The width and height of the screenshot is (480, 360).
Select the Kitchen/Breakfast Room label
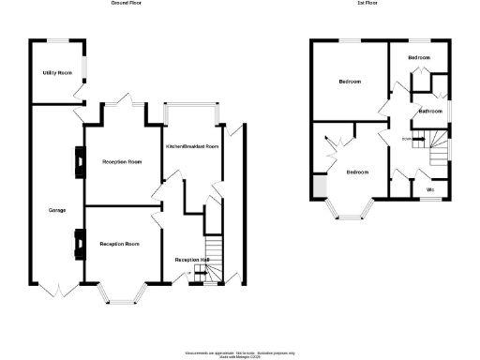coord(192,147)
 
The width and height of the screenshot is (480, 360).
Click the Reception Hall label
coord(191,259)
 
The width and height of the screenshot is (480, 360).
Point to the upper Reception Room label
coord(121,161)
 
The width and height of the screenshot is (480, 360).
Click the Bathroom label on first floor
coord(430,112)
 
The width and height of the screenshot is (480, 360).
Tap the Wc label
coord(430,190)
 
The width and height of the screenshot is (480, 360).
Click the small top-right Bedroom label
coord(419,58)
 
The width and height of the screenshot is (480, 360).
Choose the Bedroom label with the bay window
coord(357,172)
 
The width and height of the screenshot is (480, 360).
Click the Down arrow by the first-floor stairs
coord(408,140)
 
